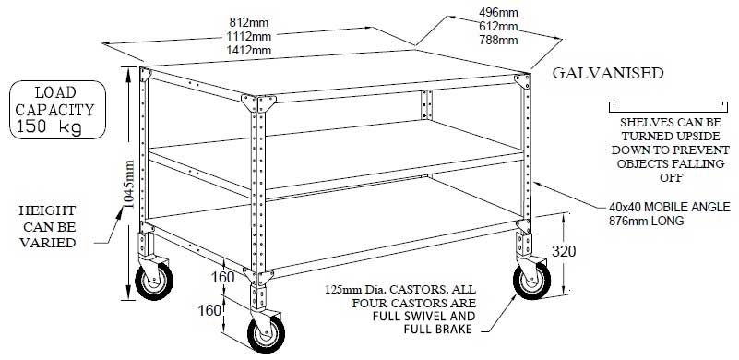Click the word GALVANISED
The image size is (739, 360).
point(606,73)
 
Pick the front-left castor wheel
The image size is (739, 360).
point(149,285)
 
